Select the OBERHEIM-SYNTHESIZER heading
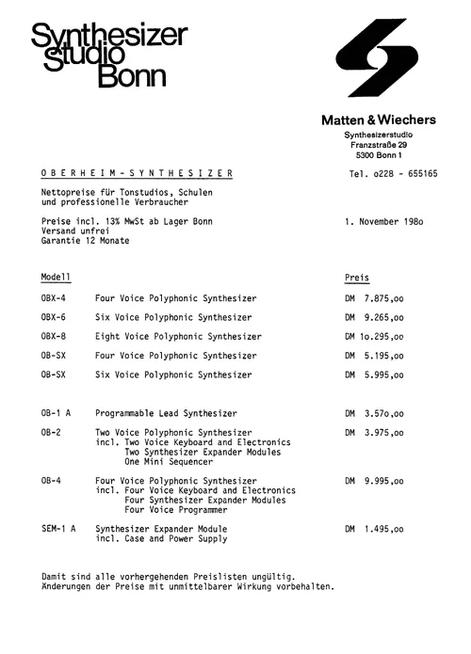(x=138, y=174)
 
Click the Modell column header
(x=56, y=279)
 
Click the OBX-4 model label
(x=53, y=298)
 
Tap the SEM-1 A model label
(x=58, y=529)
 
